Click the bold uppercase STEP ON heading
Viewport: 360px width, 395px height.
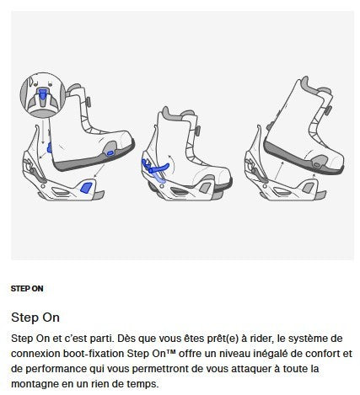coord(27,289)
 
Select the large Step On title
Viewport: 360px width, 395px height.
coord(35,318)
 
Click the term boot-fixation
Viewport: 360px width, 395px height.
coord(102,354)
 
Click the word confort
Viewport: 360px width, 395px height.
coord(324,354)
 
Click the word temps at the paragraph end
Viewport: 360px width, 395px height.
coord(138,385)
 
